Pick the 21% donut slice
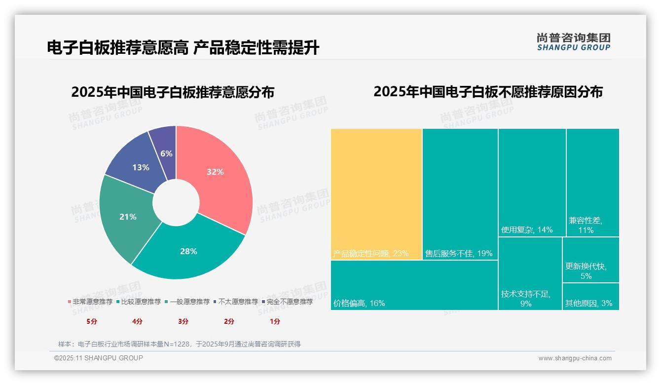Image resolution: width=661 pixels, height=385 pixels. pos(126,217)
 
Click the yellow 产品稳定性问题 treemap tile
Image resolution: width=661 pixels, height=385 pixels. pos(376,192)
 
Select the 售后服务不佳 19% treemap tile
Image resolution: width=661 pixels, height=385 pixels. pos(460,192)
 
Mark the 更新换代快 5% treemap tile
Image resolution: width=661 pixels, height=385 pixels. pos(590,260)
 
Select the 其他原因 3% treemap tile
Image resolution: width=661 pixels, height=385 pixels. pos(590,297)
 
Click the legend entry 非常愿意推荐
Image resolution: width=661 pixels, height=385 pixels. pos(90,302)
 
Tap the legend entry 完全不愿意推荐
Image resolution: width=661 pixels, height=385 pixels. pos(287,302)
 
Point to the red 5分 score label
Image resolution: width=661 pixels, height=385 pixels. pos(92,321)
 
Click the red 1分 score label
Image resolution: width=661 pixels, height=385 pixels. pos(275,321)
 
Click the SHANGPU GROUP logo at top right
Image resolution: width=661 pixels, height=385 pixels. pos(573,42)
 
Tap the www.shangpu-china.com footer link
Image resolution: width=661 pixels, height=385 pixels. pos(575,358)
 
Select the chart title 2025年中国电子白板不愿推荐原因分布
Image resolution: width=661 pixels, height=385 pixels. pos(488,92)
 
